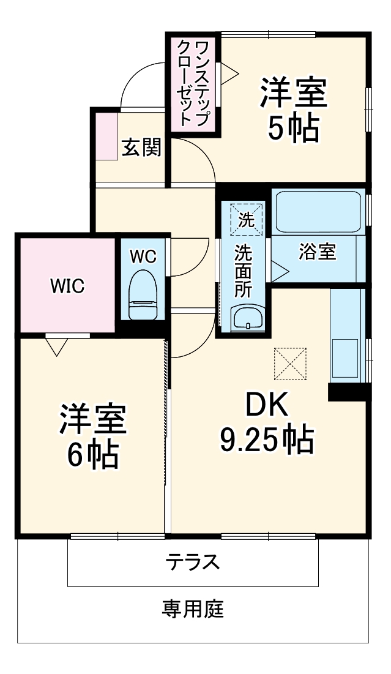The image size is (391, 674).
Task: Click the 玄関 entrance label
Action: (x=141, y=148)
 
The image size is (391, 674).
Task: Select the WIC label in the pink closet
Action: (x=67, y=285)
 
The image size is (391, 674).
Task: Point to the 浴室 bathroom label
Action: (x=317, y=252)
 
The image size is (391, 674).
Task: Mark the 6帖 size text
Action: (x=92, y=454)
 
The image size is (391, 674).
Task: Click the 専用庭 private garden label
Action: (x=193, y=609)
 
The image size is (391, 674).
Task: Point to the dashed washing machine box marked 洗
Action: (x=245, y=219)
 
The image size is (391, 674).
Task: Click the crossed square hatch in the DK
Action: (x=289, y=363)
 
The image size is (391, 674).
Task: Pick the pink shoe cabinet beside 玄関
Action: (x=106, y=137)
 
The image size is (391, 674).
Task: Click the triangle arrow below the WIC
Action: (x=56, y=347)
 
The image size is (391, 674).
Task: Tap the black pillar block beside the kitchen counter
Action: (x=348, y=391)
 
